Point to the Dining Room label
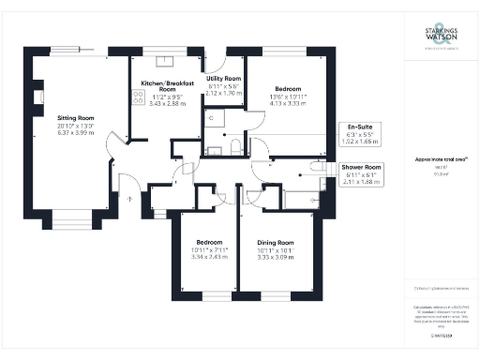tap(275, 242)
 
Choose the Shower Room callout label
tap(360, 165)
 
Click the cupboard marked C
tap(212, 118)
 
